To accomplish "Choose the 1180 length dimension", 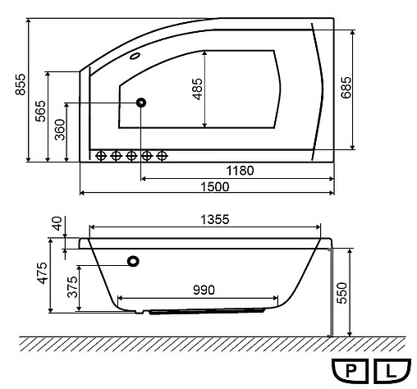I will click(239, 171).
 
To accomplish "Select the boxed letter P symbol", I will click(351, 370).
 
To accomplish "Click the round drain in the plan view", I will click(141, 103).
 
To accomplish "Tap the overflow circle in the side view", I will click(134, 262).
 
